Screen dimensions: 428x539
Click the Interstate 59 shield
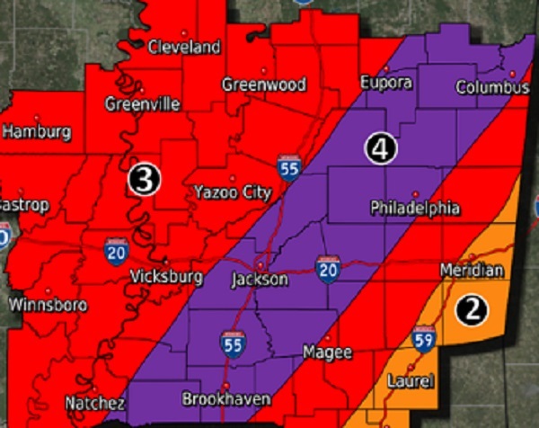point(424,339)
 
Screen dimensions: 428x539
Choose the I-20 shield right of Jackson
point(327,267)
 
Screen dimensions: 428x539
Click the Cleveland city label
point(184,46)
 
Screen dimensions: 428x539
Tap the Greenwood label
point(265,85)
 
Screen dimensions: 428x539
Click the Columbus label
point(492,88)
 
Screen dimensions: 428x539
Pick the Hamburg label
point(37,132)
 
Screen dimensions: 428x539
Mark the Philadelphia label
point(415,209)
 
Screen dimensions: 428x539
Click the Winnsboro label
point(48,305)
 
